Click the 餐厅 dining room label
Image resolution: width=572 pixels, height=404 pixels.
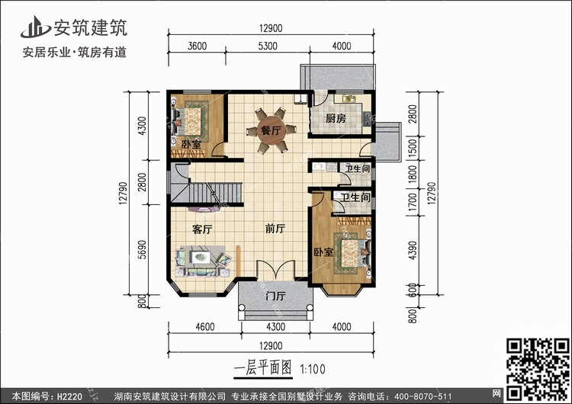[271, 130]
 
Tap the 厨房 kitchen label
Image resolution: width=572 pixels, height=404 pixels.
[336, 118]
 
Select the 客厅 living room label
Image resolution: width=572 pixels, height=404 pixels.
[202, 229]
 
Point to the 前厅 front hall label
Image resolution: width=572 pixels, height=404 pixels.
[275, 229]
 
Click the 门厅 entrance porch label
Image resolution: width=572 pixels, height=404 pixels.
[275, 296]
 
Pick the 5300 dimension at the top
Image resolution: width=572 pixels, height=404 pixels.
[268, 46]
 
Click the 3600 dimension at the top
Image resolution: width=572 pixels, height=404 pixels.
[197, 46]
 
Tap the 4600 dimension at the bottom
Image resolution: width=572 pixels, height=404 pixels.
[205, 327]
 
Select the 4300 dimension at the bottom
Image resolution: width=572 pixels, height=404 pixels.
[276, 327]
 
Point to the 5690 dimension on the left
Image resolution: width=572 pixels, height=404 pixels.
[142, 249]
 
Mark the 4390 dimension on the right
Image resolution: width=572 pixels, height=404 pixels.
[412, 250]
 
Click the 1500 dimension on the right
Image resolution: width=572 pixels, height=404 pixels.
[412, 148]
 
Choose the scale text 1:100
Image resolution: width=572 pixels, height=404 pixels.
[313, 370]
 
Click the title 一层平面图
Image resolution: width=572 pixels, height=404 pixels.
[262, 368]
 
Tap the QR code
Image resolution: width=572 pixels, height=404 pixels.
[538, 369]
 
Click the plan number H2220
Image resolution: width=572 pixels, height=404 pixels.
[69, 396]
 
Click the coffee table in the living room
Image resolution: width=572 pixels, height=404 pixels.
[201, 257]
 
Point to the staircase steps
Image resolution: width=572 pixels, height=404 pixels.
[215, 193]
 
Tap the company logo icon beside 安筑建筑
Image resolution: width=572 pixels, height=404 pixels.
[35, 27]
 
